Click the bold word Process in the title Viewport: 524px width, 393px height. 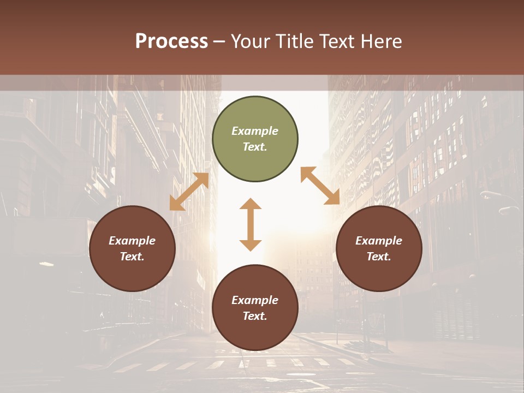point(171,41)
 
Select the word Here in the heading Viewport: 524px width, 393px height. point(381,41)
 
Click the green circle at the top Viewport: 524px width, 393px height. point(255,139)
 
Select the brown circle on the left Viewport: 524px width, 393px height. point(132,248)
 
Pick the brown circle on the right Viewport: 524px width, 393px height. point(379,248)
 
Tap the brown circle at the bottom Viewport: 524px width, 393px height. point(255,308)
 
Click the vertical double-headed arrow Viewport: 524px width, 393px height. point(251,224)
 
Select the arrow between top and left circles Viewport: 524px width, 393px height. point(189,192)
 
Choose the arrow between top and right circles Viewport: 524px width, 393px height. point(320,186)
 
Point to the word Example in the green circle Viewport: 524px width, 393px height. point(255,131)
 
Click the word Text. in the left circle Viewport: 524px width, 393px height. point(132,257)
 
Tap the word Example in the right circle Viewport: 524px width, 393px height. point(379,241)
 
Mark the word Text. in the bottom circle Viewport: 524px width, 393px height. point(255,316)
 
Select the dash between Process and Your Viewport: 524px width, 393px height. point(219,41)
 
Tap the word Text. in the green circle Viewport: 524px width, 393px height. point(255,147)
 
